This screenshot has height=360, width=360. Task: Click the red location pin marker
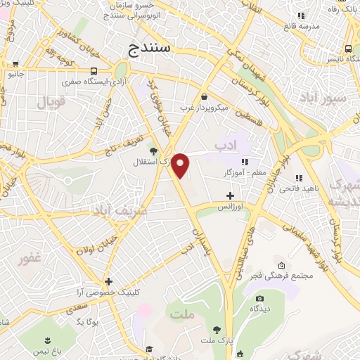click(x=181, y=166)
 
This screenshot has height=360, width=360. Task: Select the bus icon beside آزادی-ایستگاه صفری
click(x=94, y=71)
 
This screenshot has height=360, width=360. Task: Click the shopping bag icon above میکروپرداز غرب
click(x=204, y=97)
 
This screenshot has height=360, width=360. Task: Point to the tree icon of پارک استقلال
click(x=153, y=149)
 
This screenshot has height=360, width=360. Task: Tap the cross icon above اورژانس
click(x=230, y=195)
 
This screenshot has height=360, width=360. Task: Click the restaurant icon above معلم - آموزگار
click(x=245, y=162)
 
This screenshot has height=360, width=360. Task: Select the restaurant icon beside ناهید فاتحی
click(x=298, y=177)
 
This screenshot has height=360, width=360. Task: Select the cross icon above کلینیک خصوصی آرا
click(x=108, y=281)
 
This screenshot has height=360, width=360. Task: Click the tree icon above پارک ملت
click(x=217, y=330)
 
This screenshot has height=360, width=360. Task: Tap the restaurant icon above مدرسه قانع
click(x=301, y=15)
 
